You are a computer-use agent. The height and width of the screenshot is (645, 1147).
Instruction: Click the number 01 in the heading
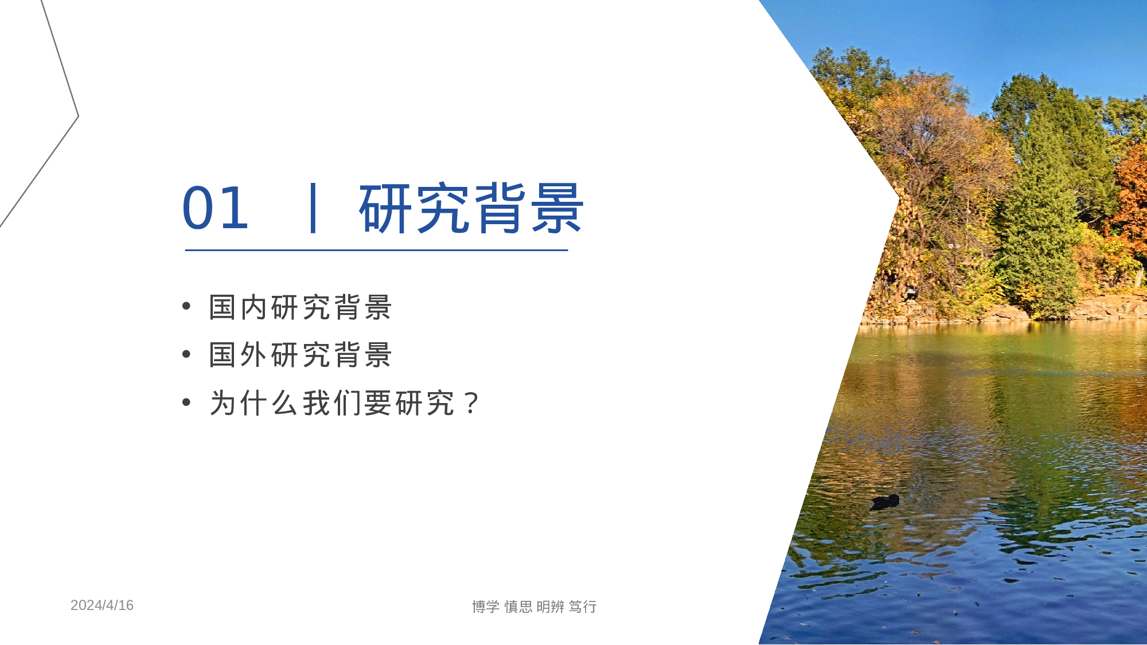point(215,208)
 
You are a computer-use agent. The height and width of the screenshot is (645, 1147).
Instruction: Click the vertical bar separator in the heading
point(313,208)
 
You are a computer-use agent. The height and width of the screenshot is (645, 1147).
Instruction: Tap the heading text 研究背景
point(471,208)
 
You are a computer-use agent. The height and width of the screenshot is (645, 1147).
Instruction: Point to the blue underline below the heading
point(376,250)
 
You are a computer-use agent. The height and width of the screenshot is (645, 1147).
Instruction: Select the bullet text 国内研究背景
point(300,307)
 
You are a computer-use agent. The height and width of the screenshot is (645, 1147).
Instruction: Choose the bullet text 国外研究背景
point(300,355)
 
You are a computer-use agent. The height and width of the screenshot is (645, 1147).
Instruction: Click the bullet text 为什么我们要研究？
point(344,403)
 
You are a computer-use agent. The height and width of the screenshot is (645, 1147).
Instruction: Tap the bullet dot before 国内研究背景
point(186,306)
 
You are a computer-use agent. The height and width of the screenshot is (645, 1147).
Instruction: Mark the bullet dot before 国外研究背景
point(186,354)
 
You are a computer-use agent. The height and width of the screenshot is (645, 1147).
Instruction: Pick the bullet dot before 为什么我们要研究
point(186,402)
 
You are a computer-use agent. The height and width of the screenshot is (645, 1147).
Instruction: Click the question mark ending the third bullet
point(472,404)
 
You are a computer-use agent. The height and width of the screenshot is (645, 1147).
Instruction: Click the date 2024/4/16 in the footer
point(102,605)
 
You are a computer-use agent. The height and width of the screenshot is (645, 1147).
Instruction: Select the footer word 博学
point(486,607)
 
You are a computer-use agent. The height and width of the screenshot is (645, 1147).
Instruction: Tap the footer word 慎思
point(518,607)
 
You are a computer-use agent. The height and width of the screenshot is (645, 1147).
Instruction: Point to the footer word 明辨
point(551,607)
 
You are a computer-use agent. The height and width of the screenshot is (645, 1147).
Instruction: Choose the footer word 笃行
point(583,607)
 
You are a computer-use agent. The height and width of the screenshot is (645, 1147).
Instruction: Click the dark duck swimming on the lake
point(885,501)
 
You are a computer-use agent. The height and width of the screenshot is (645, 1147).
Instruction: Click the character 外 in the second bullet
point(253,355)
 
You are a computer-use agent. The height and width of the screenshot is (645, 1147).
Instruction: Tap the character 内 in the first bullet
point(253,307)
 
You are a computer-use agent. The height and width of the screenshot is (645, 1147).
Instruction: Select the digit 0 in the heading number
point(198,208)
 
